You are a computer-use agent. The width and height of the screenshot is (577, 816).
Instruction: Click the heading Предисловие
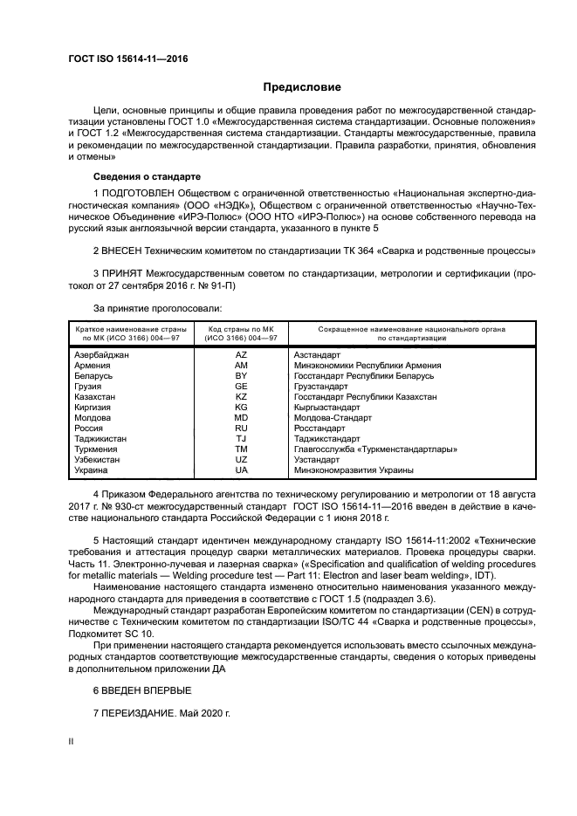click(302, 87)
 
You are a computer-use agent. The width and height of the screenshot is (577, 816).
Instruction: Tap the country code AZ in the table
click(242, 355)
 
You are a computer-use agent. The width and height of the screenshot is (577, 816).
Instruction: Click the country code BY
click(242, 375)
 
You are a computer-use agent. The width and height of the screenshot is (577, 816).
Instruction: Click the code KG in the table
click(242, 407)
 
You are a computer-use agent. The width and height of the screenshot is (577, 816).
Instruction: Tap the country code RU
click(242, 428)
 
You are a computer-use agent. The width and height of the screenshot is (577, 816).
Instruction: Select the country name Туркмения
click(99, 449)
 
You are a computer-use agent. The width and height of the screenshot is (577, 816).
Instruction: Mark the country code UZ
click(242, 459)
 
